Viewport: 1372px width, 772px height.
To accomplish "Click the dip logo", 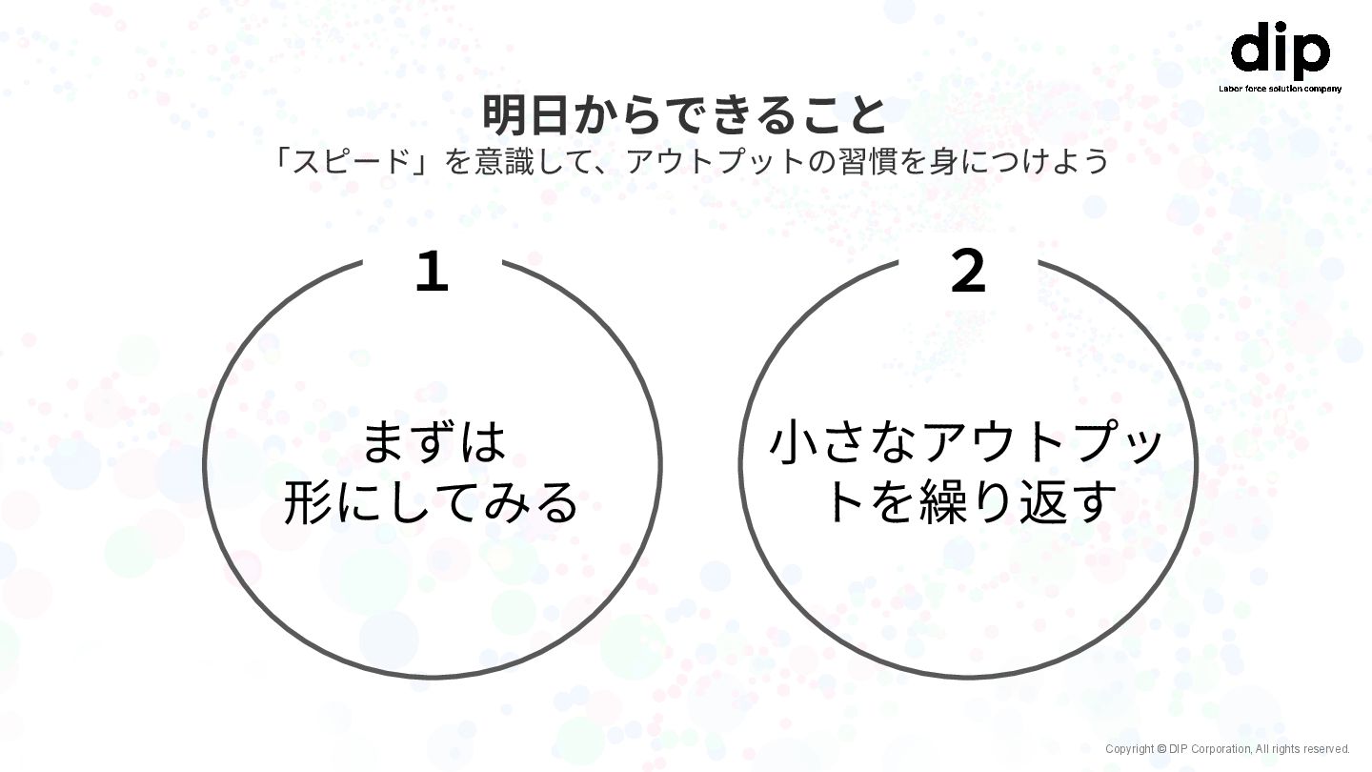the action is pos(1280,51).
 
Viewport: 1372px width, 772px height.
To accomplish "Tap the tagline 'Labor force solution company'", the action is pos(1280,89).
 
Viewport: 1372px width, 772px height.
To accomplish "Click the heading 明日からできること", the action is pos(685,115).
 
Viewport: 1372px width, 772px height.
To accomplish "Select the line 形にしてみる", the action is pos(432,503).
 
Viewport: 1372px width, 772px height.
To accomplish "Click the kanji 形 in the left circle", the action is pos(309,503).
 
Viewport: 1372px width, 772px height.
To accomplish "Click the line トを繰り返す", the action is pos(968,503).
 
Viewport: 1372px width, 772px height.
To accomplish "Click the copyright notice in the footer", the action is pos(1227,749).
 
